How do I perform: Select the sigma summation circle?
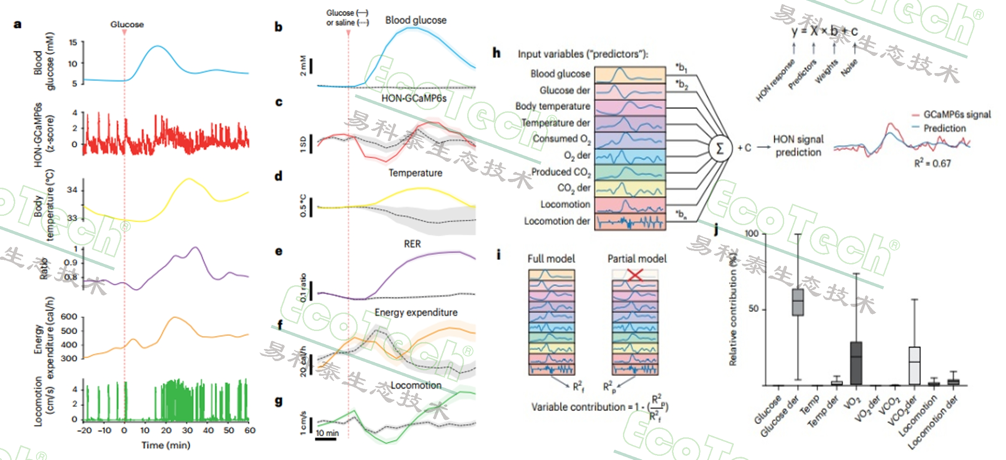720,148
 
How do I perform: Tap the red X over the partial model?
635,275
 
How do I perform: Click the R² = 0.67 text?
932,163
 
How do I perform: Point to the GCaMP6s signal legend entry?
956,114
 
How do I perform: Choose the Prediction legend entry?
944,128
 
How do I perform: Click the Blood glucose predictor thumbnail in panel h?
630,74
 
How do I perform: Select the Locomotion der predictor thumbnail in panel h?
630,221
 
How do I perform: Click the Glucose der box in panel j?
798,302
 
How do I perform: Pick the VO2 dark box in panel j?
856,363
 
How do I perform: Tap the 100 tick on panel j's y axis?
751,233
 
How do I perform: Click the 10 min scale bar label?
327,433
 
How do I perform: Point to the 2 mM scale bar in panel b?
311,66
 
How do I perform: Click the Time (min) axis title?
166,445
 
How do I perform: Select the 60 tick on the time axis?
250,430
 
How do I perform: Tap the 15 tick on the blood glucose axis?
73,43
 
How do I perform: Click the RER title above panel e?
412,244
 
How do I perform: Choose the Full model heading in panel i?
551,258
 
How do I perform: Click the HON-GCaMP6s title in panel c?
414,98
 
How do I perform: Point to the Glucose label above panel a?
127,24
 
